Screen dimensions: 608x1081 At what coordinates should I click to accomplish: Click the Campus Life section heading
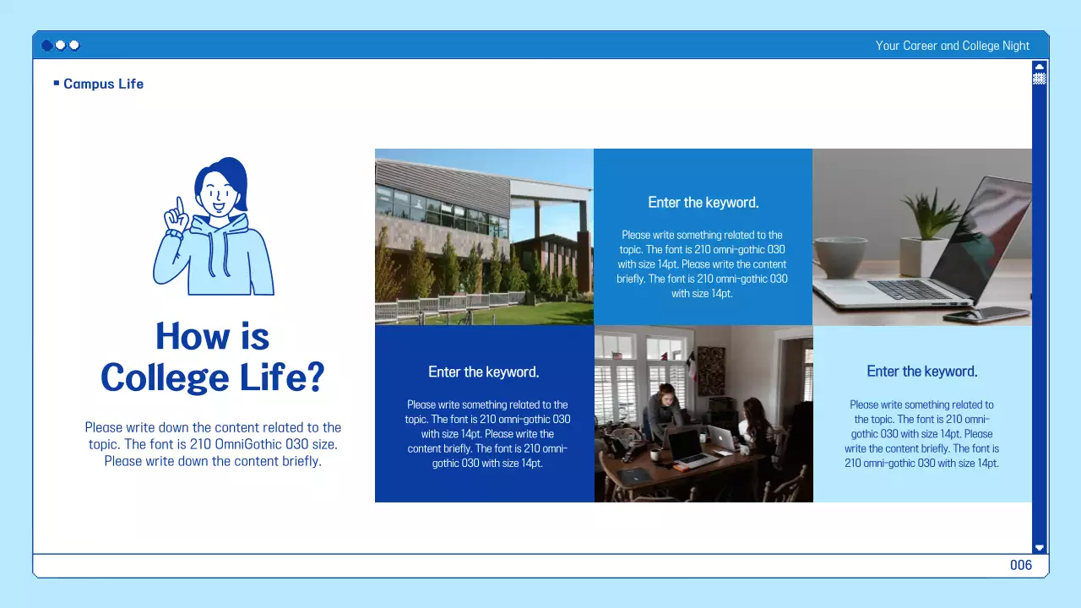coord(103,84)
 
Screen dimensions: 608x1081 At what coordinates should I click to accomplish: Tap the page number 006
coord(1021,565)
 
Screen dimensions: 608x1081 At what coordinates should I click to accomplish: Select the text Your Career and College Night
coord(953,46)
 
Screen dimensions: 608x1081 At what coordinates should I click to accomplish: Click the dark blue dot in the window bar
coord(47,46)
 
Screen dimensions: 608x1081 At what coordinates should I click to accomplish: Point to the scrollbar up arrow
coord(1040,66)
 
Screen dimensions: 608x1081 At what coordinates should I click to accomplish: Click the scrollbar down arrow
coord(1040,547)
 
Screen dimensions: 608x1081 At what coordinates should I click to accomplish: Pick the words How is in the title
coord(212,336)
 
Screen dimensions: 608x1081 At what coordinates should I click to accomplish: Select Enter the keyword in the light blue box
coord(922,372)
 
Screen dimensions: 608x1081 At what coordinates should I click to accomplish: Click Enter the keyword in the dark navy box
coord(484,372)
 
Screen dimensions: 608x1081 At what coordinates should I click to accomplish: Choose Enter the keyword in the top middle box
coord(703,203)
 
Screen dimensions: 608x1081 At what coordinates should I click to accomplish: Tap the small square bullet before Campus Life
coord(56,83)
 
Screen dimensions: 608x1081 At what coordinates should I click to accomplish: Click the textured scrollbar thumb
coord(1040,79)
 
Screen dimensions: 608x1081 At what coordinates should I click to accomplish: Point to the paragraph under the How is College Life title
coord(213,444)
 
